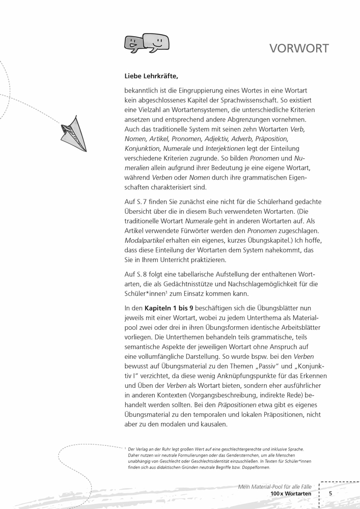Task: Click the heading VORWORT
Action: (x=299, y=48)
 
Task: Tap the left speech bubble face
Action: (x=133, y=43)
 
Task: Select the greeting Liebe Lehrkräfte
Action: (x=151, y=76)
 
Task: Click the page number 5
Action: (x=330, y=493)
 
